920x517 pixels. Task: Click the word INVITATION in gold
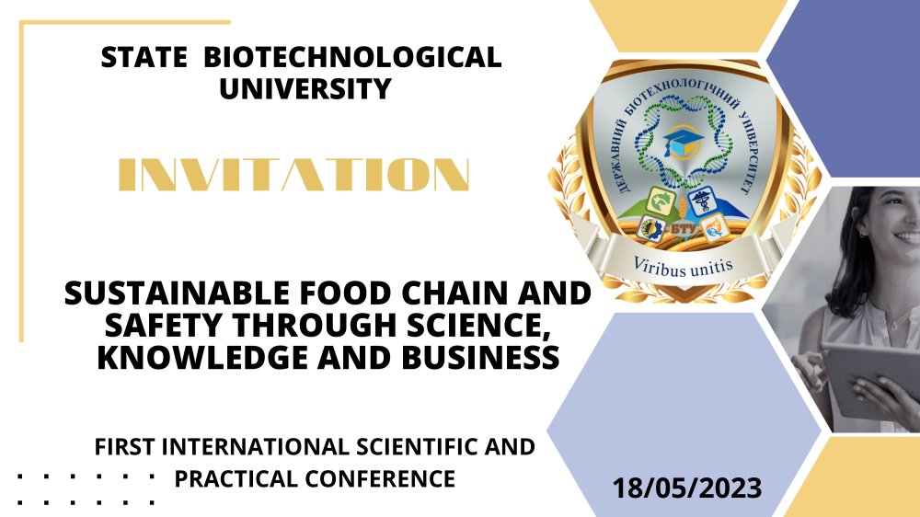click(294, 174)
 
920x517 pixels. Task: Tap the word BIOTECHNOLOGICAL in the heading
click(352, 57)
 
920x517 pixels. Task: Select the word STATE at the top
click(144, 57)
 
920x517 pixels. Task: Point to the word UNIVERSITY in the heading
click(305, 88)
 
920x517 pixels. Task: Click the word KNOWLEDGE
click(202, 357)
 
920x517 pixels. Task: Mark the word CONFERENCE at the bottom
click(380, 479)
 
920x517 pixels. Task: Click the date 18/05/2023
click(687, 488)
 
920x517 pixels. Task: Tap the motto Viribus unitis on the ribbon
click(683, 267)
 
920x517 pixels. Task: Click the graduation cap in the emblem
click(684, 143)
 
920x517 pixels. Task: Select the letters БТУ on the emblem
click(684, 228)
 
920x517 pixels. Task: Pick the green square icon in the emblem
click(661, 201)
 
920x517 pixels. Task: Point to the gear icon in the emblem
click(650, 229)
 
